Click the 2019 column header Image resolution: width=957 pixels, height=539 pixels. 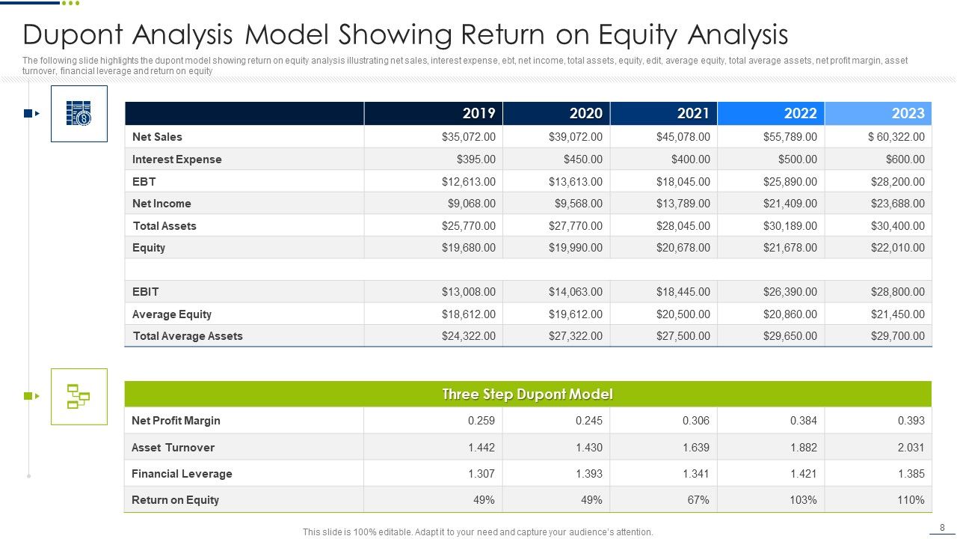[x=478, y=113]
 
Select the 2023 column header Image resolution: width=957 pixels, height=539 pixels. [x=908, y=113]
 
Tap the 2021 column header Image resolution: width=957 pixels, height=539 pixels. [x=693, y=113]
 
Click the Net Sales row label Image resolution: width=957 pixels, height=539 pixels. [x=157, y=137]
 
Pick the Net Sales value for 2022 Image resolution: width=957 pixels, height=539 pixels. [x=790, y=137]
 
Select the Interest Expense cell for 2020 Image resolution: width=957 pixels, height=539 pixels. [x=582, y=159]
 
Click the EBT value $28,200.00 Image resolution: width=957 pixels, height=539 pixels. [x=897, y=181]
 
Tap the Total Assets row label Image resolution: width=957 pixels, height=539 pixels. [x=164, y=226]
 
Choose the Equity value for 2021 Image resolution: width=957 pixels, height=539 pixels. [x=683, y=248]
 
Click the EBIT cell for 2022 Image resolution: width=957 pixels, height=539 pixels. [x=790, y=292]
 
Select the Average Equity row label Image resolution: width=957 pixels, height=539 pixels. [x=172, y=314]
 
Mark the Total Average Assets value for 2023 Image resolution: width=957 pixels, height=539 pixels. [x=897, y=336]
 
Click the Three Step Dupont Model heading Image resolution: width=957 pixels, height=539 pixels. [x=527, y=395]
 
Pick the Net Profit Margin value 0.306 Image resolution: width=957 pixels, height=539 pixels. [x=695, y=421]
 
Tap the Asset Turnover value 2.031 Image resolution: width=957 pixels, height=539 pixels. [x=911, y=448]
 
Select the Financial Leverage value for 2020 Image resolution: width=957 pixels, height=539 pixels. [x=588, y=474]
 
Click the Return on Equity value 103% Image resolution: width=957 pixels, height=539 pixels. [x=805, y=500]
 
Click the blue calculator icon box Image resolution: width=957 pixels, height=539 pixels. [x=79, y=114]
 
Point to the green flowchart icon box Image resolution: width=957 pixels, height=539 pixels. [x=79, y=397]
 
